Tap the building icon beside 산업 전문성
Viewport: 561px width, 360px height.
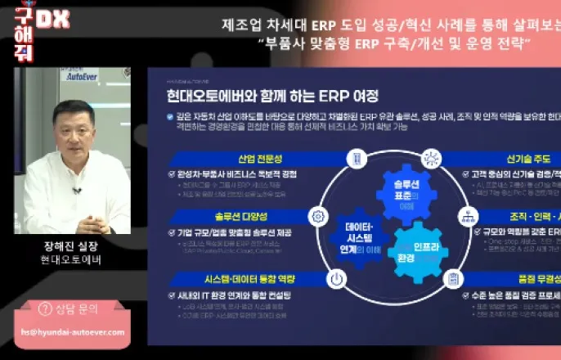(x=357, y=157)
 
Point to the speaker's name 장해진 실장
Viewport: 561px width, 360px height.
(x=71, y=245)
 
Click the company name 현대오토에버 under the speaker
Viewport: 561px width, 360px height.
(x=71, y=260)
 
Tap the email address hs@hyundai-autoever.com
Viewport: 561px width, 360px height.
(x=74, y=332)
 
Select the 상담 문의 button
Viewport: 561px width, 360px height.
(x=72, y=308)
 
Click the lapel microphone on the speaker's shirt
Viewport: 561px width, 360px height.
(x=76, y=191)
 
